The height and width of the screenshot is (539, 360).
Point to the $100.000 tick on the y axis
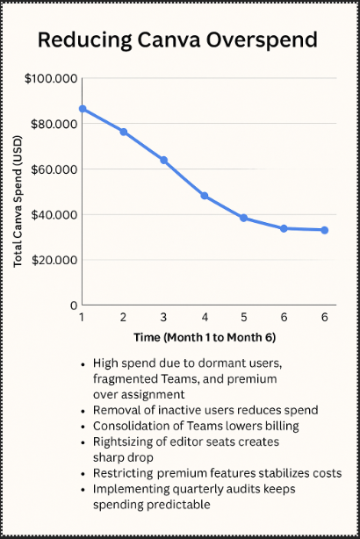click(50, 79)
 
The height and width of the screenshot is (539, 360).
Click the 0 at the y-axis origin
click(73, 305)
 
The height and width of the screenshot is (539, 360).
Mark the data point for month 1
click(83, 109)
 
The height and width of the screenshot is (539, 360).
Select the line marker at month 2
click(124, 132)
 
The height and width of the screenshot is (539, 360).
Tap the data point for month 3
click(164, 161)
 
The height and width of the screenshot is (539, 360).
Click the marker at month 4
click(205, 196)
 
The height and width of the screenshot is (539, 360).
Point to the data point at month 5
click(244, 218)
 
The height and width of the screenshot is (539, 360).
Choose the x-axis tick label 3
click(163, 317)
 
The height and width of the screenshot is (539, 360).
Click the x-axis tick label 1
click(82, 317)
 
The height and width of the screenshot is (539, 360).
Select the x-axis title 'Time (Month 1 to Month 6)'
click(203, 337)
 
